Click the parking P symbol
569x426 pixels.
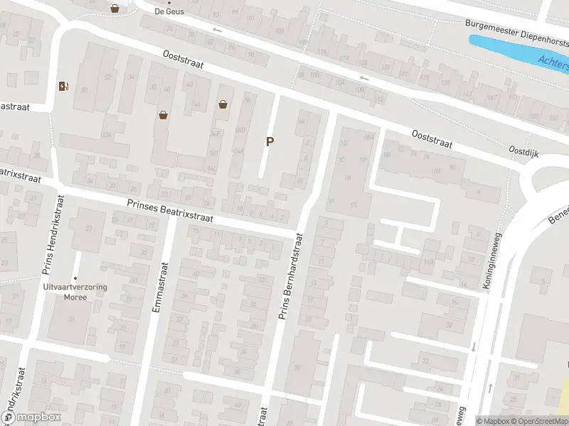[270, 142]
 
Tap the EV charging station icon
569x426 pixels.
[64, 87]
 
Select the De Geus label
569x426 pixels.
[169, 11]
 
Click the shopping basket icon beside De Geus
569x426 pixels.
[115, 9]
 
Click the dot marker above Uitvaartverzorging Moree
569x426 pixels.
[75, 278]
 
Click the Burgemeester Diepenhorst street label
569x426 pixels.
[516, 23]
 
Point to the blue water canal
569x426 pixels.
[519, 53]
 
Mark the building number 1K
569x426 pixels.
[348, 177]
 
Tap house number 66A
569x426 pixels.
[368, 137]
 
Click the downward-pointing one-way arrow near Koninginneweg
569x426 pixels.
[473, 348]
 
